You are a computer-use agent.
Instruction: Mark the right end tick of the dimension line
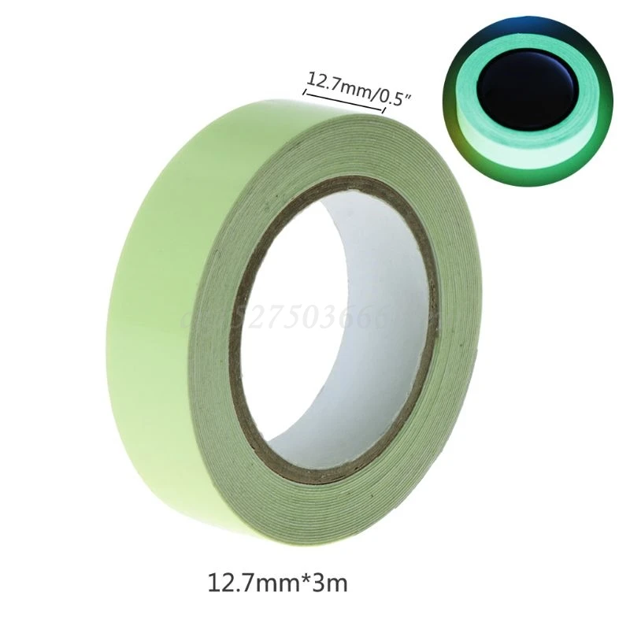pyautogui.click(x=384, y=109)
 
